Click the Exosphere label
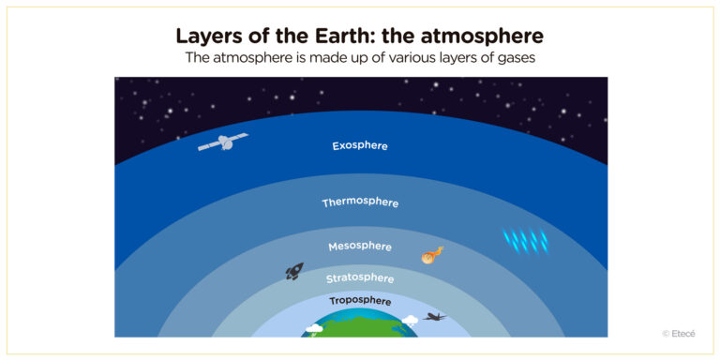(360, 146)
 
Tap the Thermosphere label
(360, 202)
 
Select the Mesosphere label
(360, 247)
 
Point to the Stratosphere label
(360, 278)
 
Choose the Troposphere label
(360, 301)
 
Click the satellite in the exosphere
(223, 142)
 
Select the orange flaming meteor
(431, 254)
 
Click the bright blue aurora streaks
(526, 241)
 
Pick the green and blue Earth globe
(360, 325)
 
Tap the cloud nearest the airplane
(410, 321)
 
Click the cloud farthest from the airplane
(314, 329)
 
